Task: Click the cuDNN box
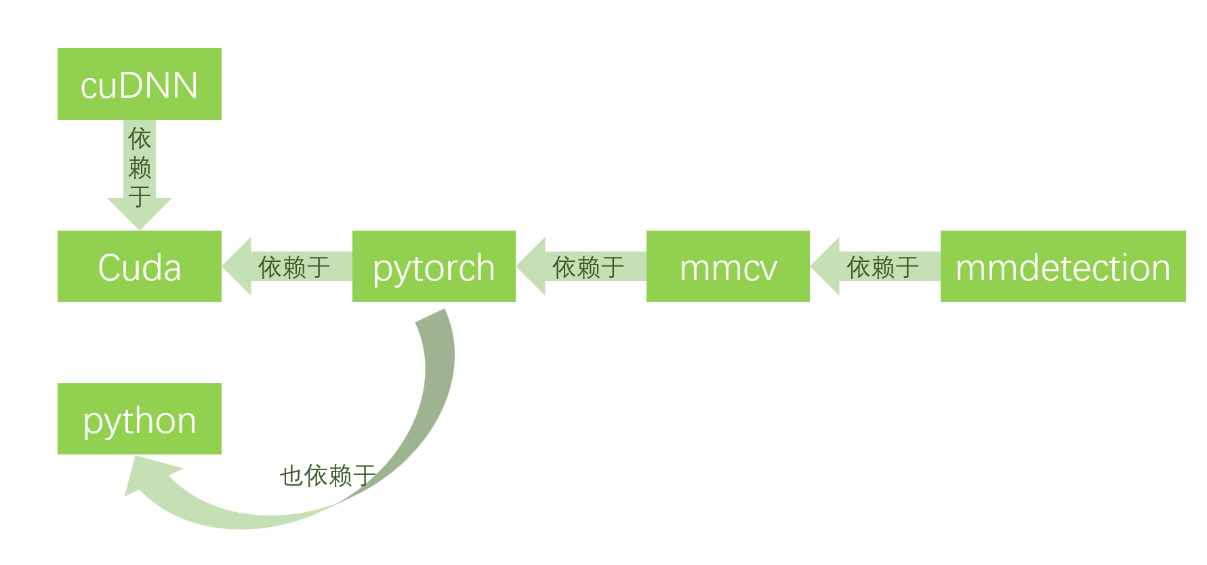click(139, 84)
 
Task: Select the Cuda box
click(139, 266)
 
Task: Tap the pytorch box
click(434, 266)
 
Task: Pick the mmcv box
click(728, 266)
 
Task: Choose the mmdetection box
click(1063, 266)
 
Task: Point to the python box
click(139, 418)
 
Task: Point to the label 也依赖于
click(327, 475)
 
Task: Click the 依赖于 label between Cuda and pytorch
click(294, 267)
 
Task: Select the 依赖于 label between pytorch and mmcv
click(588, 267)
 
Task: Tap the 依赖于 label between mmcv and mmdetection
click(882, 267)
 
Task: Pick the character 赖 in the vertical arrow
click(140, 168)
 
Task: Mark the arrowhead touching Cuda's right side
click(237, 267)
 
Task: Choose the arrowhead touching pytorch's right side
click(531, 267)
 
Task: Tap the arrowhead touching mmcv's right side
click(825, 267)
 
